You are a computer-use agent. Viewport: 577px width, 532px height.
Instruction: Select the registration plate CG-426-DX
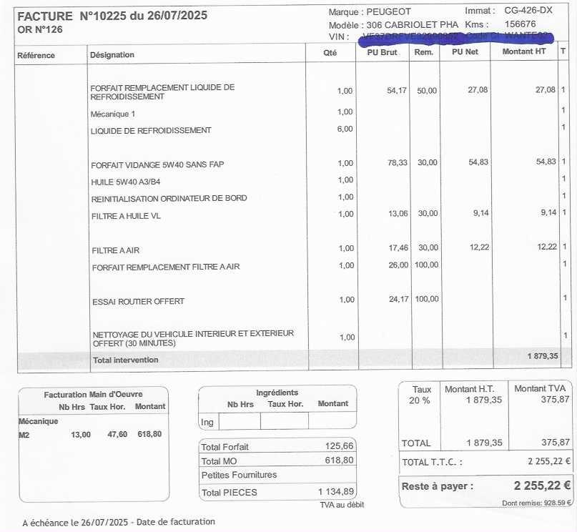528,10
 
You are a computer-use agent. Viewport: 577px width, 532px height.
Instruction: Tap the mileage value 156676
520,24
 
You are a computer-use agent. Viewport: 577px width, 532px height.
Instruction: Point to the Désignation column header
112,54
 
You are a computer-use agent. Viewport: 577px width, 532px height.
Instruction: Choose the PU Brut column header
383,52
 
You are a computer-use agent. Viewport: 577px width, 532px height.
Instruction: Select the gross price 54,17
397,90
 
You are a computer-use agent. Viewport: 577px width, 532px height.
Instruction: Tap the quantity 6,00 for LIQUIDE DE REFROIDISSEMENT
345,129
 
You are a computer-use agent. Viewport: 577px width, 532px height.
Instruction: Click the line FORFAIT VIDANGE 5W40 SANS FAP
157,164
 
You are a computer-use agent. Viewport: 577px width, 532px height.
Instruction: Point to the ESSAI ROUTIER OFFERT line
138,302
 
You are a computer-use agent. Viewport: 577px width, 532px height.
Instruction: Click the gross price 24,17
398,299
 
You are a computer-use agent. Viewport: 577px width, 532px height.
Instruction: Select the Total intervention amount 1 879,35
543,355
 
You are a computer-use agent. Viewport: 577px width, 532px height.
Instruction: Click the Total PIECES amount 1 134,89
335,491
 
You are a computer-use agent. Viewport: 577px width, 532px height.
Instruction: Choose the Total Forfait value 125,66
339,446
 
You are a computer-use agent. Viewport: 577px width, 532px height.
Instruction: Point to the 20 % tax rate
420,400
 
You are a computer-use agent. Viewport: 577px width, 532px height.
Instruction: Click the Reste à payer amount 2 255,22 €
542,486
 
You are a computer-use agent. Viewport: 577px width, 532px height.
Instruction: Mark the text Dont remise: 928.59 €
537,503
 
